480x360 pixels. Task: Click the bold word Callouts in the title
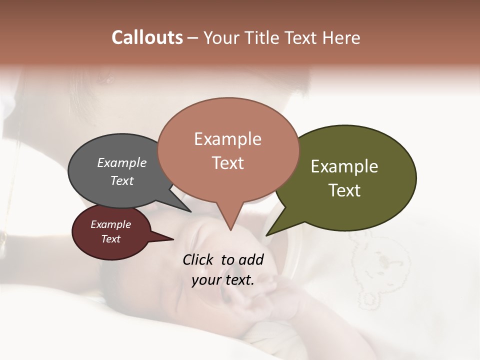point(147,37)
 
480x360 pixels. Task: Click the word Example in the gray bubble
point(121,163)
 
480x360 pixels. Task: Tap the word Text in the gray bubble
point(121,180)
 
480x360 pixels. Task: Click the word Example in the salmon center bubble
point(227,139)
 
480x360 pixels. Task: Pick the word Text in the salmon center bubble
point(227,163)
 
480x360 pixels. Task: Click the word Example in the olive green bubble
point(344,166)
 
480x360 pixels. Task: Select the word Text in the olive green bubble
point(344,190)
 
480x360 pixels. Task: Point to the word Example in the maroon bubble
point(110,224)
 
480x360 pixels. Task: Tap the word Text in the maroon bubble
point(110,239)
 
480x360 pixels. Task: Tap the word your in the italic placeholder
point(205,280)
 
